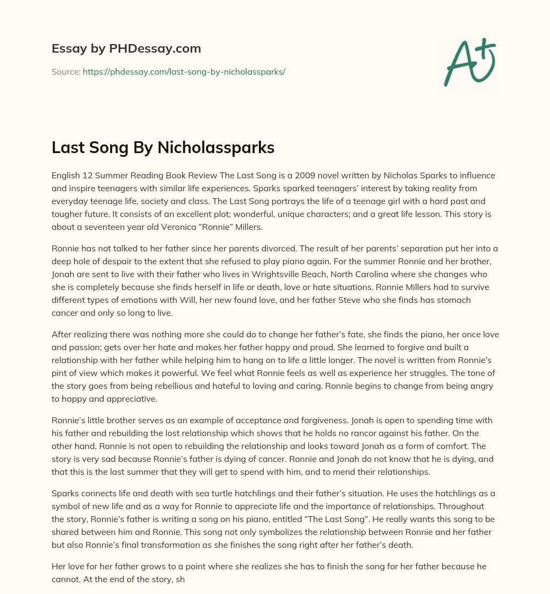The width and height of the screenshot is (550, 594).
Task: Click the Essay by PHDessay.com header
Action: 126,49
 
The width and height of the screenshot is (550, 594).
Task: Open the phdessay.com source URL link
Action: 184,71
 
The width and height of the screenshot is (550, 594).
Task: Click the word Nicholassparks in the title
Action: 215,148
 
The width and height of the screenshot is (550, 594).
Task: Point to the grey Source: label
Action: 66,71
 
